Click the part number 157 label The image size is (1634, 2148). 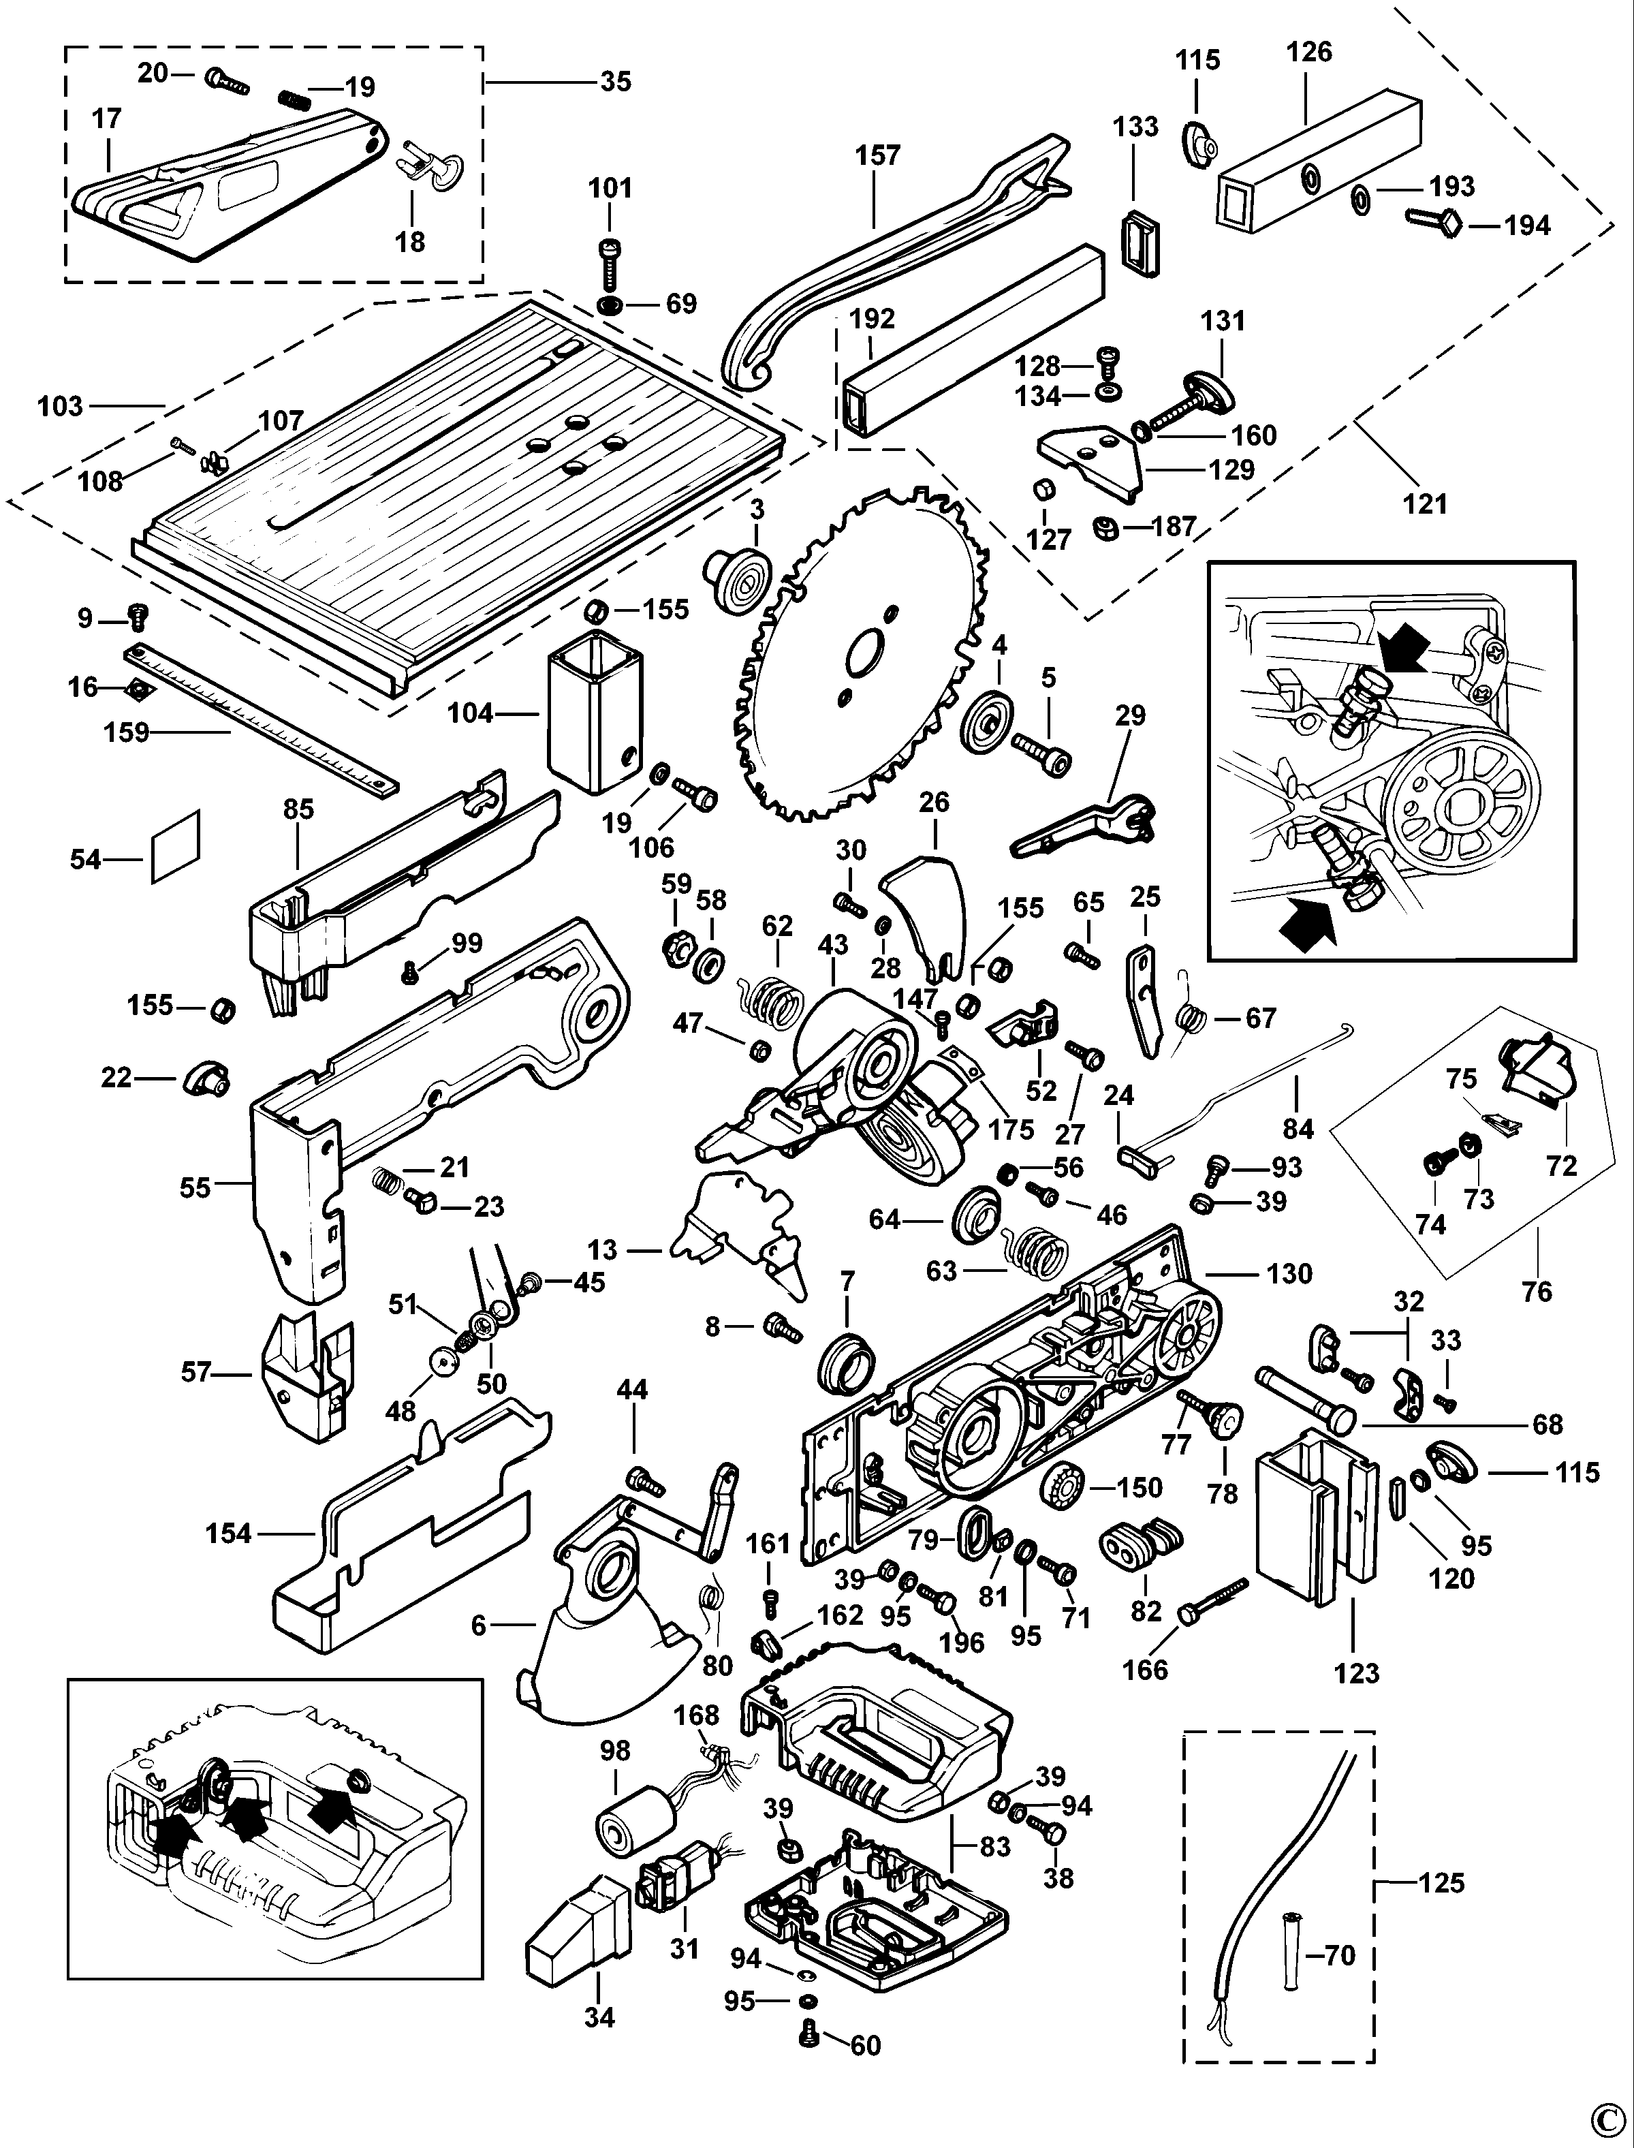(877, 155)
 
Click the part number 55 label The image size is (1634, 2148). (195, 1188)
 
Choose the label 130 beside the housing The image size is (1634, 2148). (1289, 1273)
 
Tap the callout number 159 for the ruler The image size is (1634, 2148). (127, 732)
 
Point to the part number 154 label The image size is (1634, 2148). (229, 1534)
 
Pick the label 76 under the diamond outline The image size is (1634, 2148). (1537, 1292)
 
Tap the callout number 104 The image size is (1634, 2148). (471, 713)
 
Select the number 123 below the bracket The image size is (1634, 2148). (1356, 1673)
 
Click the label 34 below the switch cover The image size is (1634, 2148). (599, 2018)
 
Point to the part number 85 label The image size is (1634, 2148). (298, 809)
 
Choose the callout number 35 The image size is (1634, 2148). (616, 82)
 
